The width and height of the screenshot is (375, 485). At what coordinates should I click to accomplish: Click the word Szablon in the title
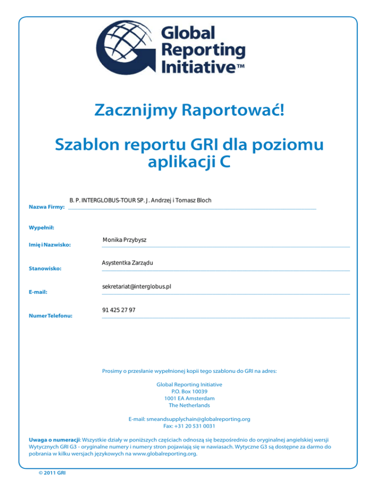point(87,145)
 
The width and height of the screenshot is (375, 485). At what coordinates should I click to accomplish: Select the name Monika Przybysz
point(125,240)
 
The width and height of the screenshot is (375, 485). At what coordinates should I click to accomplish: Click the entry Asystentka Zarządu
point(127,263)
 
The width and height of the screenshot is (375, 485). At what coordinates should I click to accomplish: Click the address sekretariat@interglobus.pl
point(136,287)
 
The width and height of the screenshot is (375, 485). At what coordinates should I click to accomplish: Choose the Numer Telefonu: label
point(51,316)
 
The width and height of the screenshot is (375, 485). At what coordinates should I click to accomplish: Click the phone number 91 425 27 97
point(119,311)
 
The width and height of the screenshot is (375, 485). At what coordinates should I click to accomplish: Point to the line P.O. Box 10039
point(189,391)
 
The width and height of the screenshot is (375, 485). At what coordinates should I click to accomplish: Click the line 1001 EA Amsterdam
point(189,398)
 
